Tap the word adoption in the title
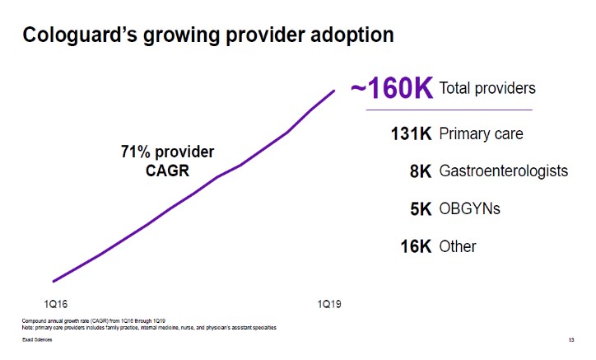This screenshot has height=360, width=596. pyautogui.click(x=351, y=35)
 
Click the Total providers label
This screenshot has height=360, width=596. pyautogui.click(x=487, y=88)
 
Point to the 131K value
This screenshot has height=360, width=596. pyautogui.click(x=411, y=133)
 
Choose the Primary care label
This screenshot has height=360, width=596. pyautogui.click(x=482, y=133)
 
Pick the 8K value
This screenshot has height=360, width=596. pyautogui.click(x=420, y=171)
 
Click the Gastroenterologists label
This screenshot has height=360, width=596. pyautogui.click(x=504, y=171)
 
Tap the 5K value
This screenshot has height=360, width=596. pyautogui.click(x=420, y=209)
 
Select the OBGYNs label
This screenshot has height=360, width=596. pyautogui.click(x=470, y=209)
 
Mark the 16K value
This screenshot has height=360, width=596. pyautogui.click(x=416, y=246)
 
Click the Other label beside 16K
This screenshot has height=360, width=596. pyautogui.click(x=459, y=246)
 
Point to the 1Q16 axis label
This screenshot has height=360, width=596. pyautogui.click(x=55, y=304)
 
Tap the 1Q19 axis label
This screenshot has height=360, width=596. pyautogui.click(x=329, y=304)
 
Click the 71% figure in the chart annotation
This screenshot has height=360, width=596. pyautogui.click(x=135, y=152)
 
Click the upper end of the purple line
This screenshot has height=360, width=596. pyautogui.click(x=334, y=90)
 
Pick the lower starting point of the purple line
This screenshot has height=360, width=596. pyautogui.click(x=54, y=281)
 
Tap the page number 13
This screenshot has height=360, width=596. pyautogui.click(x=570, y=341)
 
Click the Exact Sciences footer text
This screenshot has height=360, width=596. pyautogui.click(x=35, y=341)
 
